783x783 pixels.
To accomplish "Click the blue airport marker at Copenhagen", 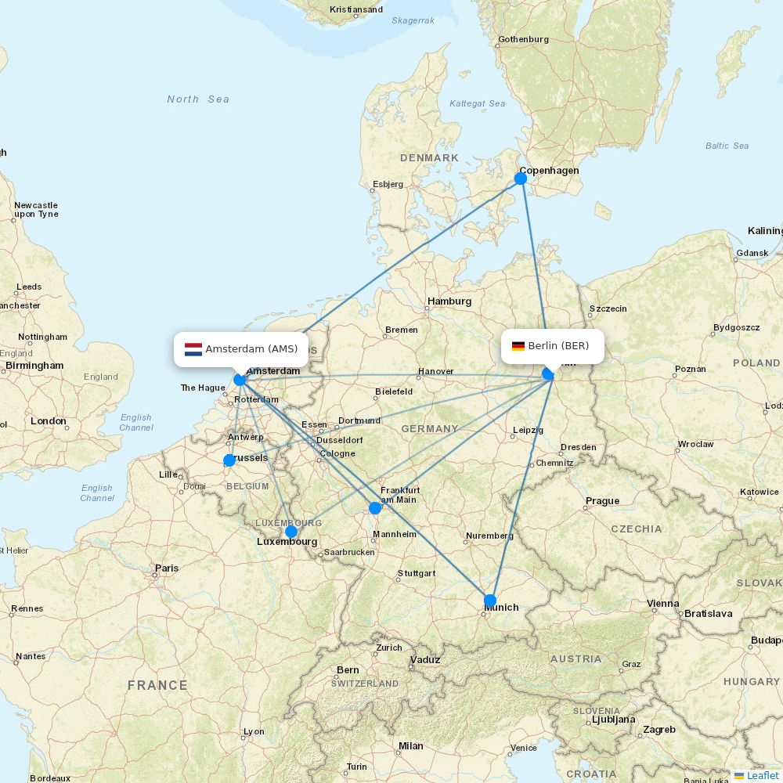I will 521,179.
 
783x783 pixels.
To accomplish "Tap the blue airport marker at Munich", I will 490,601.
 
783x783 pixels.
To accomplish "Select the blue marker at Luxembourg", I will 291,532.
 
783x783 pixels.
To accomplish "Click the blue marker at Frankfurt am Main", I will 375,507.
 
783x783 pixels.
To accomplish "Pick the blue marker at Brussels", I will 229,460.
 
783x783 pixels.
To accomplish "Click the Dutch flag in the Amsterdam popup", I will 193,349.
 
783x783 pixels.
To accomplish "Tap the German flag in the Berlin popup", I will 518,346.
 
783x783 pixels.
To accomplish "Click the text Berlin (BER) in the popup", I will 558,346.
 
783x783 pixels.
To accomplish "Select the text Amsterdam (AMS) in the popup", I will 251,349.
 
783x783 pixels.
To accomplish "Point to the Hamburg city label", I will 449,301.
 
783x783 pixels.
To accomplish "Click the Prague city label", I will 602,501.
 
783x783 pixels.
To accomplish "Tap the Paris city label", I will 167,568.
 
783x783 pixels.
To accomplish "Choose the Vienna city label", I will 662,604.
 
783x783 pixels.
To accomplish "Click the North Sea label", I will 198,99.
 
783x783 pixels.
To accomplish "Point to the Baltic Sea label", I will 727,146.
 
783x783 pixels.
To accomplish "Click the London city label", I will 49,421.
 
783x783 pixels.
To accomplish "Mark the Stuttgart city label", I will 416,573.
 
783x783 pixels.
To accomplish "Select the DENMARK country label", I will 429,158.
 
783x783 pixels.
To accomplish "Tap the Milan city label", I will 410,746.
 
